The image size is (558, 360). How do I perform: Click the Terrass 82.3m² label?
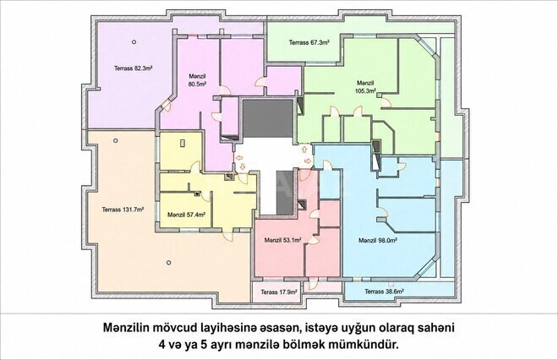(134, 68)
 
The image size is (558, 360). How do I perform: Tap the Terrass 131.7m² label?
(123, 210)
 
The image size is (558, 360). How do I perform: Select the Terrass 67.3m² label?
(309, 42)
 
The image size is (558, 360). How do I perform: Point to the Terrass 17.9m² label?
(279, 292)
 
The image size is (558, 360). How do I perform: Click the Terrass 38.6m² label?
(384, 292)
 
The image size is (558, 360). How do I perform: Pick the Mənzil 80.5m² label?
(198, 80)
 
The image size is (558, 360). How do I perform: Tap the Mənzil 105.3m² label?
(366, 87)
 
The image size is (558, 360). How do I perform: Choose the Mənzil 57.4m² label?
(186, 215)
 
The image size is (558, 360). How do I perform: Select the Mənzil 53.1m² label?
(283, 240)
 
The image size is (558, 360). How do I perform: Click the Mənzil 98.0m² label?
(378, 241)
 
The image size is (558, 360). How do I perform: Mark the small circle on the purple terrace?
(134, 42)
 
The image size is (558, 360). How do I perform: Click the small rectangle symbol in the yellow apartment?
(183, 143)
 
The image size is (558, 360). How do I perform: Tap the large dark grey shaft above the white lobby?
(268, 119)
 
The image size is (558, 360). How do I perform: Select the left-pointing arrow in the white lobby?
(238, 157)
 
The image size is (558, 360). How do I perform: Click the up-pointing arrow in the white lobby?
(304, 149)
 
